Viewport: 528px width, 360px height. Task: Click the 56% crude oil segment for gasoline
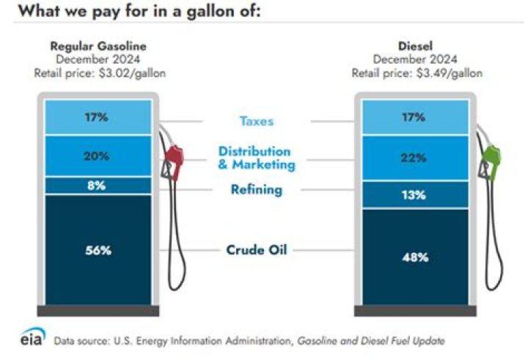[98, 250]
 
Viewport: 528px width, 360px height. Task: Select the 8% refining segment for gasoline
[98, 185]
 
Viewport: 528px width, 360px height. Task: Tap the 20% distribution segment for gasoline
[98, 155]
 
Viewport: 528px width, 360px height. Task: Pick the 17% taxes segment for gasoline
[98, 116]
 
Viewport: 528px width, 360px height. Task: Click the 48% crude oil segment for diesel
[414, 257]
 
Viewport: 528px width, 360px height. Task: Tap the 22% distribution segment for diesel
[414, 158]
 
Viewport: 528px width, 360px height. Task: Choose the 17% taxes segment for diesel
[414, 116]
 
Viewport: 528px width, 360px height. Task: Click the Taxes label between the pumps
[256, 121]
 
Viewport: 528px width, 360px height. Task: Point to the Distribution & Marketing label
[256, 158]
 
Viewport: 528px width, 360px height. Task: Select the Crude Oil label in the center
[256, 250]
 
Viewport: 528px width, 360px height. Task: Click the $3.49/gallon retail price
[448, 73]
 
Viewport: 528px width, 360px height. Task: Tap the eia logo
[32, 339]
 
